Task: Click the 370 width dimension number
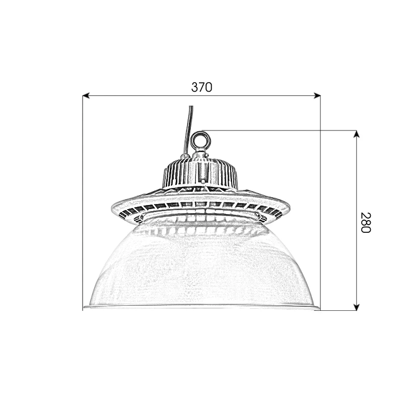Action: pyautogui.click(x=201, y=87)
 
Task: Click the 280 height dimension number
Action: pyautogui.click(x=365, y=222)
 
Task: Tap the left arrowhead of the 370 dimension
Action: pyautogui.click(x=86, y=95)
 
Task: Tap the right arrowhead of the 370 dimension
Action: pyautogui.click(x=317, y=95)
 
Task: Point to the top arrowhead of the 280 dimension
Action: pyautogui.click(x=357, y=134)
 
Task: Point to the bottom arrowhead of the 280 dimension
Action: pyautogui.click(x=357, y=306)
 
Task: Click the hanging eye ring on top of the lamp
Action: pyautogui.click(x=200, y=139)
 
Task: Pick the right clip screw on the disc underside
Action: pyautogui.click(x=260, y=217)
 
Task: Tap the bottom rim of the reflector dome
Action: pyautogui.click(x=201, y=306)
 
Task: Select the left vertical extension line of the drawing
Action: pyautogui.click(x=83, y=201)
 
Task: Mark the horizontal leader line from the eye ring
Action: pyautogui.click(x=282, y=130)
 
